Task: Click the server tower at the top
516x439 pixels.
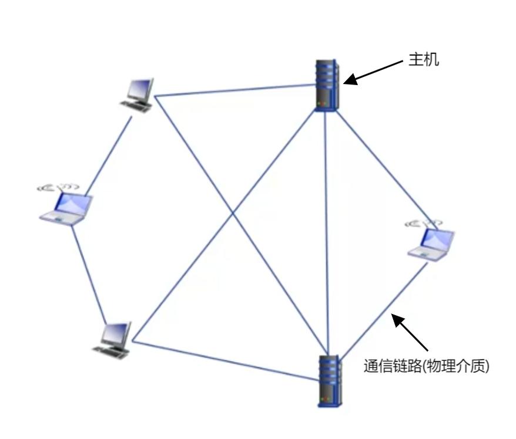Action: coord(327,85)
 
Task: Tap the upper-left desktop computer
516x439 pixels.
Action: coord(138,94)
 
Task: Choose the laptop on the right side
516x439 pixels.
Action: coord(434,242)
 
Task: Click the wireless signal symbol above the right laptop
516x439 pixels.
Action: coord(423,223)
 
